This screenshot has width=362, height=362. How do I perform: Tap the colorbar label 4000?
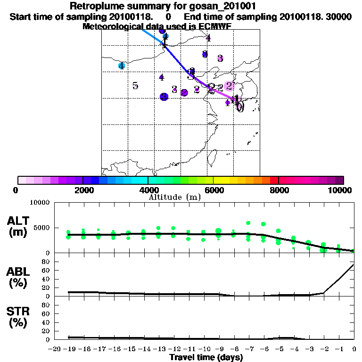click(148, 190)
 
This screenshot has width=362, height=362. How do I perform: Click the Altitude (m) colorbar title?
click(174, 197)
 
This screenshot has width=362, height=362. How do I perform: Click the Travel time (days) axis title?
click(206, 358)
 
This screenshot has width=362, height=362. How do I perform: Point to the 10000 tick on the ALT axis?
click(40, 203)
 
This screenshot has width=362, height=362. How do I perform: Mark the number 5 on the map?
click(135, 86)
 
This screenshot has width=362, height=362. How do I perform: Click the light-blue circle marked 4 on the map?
click(122, 66)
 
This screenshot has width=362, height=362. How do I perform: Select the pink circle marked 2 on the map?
click(229, 86)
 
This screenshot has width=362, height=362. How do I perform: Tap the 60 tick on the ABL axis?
click(46, 270)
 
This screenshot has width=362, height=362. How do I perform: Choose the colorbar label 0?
click(16, 190)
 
